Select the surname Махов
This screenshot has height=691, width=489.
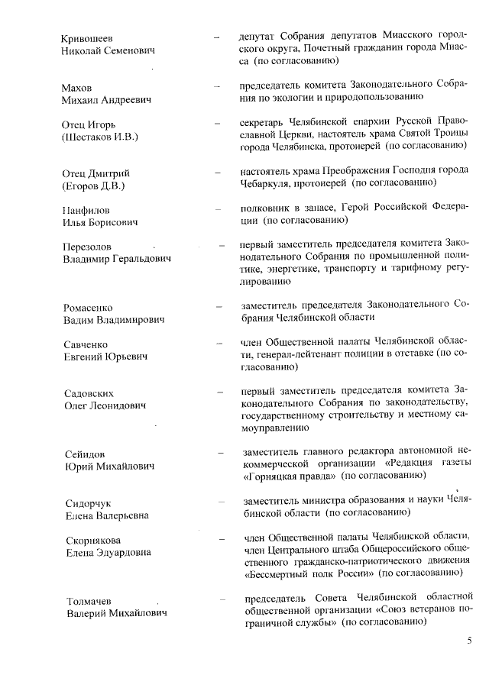coord(77,89)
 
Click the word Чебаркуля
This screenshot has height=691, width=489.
coord(269,183)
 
